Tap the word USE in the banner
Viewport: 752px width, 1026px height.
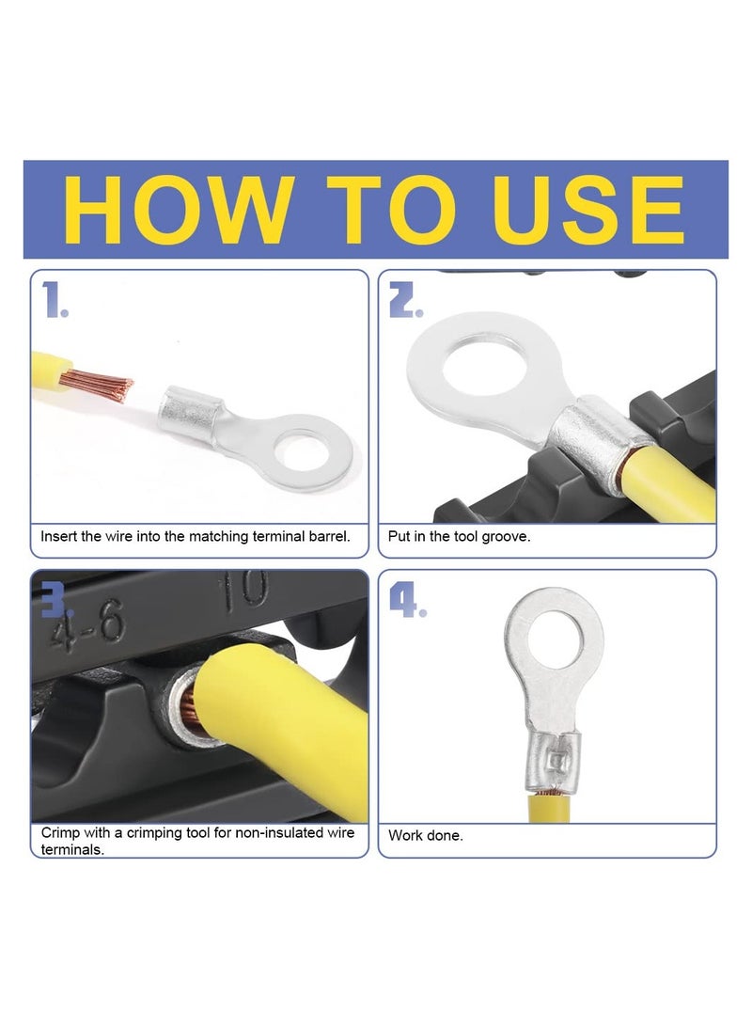(x=587, y=210)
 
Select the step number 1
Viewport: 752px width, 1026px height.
(x=55, y=300)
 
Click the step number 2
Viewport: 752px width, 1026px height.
(x=405, y=300)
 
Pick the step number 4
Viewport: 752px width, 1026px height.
(x=407, y=600)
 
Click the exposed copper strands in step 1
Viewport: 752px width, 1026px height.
(x=97, y=386)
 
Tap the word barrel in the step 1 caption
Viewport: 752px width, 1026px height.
(x=328, y=537)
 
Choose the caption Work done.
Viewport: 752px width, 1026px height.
(x=425, y=836)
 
